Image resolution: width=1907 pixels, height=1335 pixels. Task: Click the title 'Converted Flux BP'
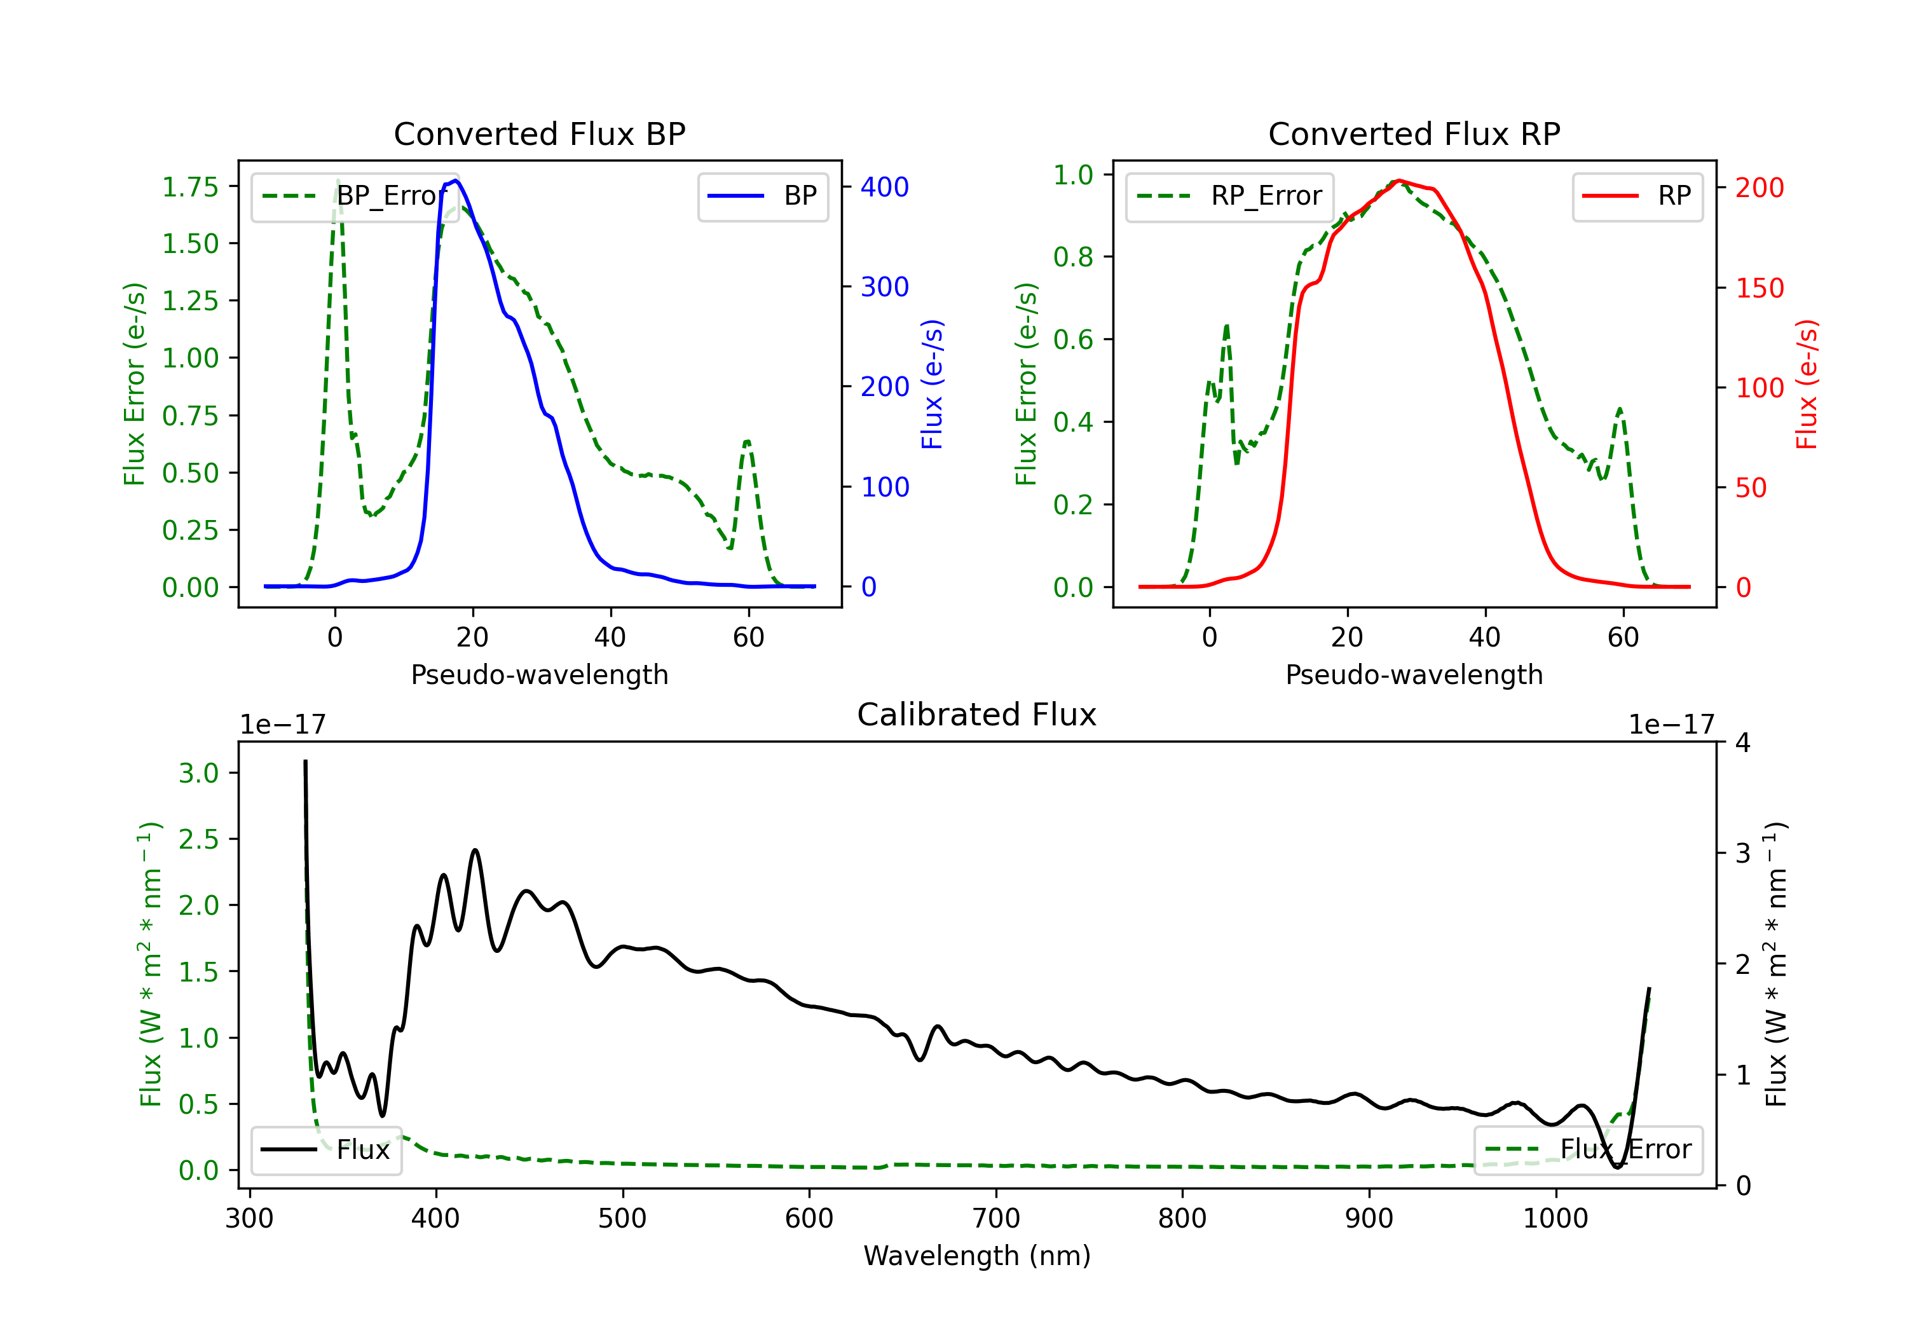[x=539, y=133]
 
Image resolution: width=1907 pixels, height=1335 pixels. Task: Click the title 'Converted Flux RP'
[x=1414, y=133]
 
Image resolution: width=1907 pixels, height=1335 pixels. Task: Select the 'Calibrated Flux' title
[x=977, y=715]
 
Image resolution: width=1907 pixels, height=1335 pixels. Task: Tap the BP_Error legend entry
[x=353, y=196]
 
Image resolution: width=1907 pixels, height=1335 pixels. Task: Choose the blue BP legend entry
[x=762, y=196]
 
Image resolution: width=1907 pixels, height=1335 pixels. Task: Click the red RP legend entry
[x=1636, y=196]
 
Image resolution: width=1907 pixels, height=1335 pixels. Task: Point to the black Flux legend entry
[x=325, y=1150]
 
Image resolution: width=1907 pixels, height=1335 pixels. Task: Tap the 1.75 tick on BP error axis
[x=190, y=187]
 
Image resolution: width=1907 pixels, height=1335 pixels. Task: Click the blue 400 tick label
[x=885, y=187]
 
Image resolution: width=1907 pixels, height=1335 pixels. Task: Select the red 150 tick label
[x=1759, y=288]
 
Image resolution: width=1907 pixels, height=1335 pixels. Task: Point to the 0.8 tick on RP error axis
[x=1073, y=257]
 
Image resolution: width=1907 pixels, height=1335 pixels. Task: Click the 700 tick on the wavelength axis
[x=996, y=1218]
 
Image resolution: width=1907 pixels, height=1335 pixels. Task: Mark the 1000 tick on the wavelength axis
[x=1555, y=1218]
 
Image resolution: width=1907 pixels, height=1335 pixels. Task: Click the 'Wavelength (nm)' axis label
[x=977, y=1256]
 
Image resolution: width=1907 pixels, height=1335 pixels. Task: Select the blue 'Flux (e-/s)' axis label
[x=932, y=384]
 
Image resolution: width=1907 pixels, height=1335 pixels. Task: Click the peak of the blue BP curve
[x=456, y=181]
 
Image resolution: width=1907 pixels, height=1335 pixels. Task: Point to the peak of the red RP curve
[x=1400, y=181]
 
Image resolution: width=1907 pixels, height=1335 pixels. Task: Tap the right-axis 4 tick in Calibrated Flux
[x=1742, y=742]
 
